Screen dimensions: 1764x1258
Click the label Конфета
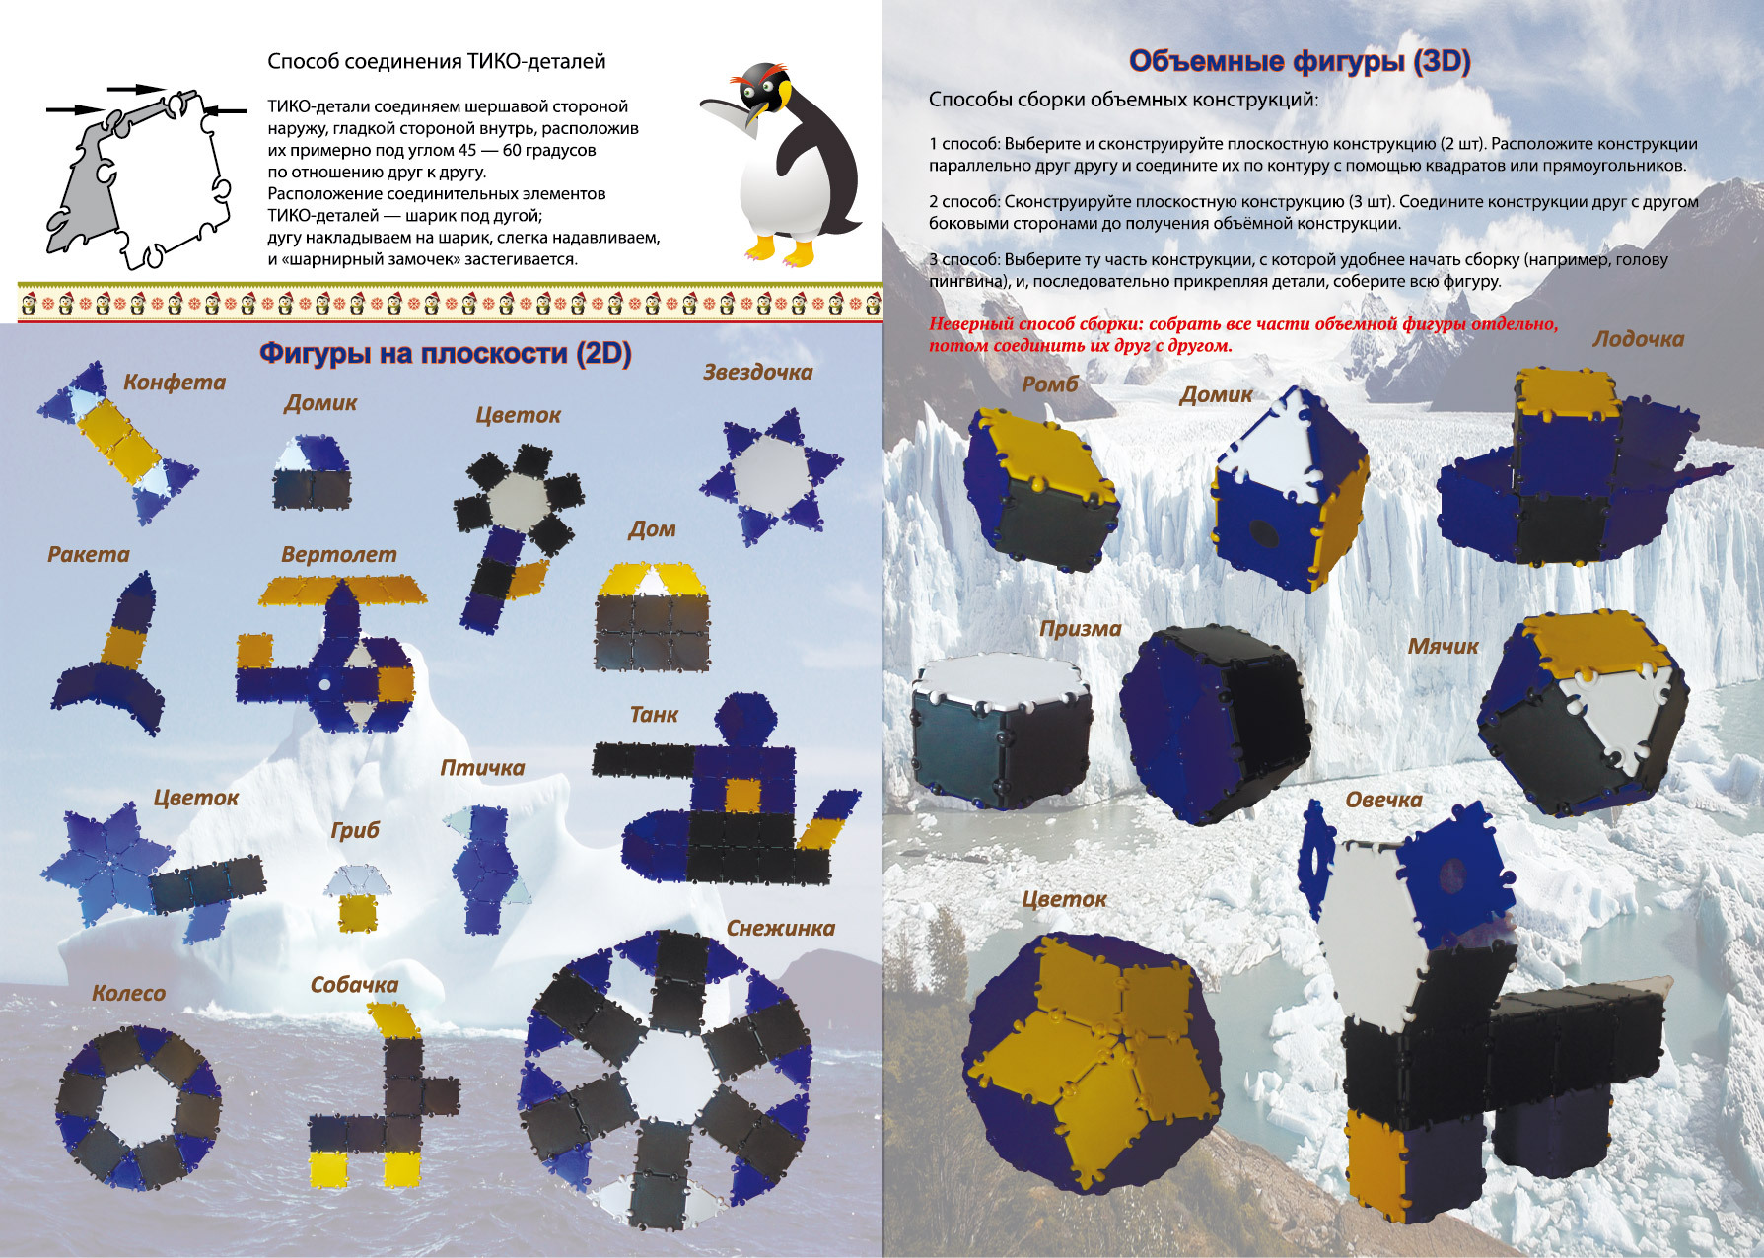pyautogui.click(x=175, y=383)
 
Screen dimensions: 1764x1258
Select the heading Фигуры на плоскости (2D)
pyautogui.click(x=446, y=353)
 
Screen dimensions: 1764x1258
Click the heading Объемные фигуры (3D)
pyautogui.click(x=1300, y=61)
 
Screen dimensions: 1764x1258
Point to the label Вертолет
pyautogui.click(x=339, y=554)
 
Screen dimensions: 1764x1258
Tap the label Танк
pyautogui.click(x=655, y=714)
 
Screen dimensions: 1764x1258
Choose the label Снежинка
pyautogui.click(x=781, y=928)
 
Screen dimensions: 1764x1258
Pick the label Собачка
pyautogui.click(x=354, y=985)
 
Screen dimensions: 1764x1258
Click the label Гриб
pyautogui.click(x=355, y=831)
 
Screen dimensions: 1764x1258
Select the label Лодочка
pyautogui.click(x=1639, y=339)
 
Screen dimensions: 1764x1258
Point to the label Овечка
pyautogui.click(x=1383, y=800)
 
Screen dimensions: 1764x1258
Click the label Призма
pyautogui.click(x=1081, y=629)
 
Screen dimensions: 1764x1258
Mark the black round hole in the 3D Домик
pyautogui.click(x=1263, y=534)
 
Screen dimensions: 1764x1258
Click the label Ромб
pyautogui.click(x=1050, y=384)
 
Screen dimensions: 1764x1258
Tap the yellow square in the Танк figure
pyautogui.click(x=742, y=795)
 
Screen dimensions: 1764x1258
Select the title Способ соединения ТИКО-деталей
pyautogui.click(x=437, y=61)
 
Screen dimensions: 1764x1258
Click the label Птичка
pyautogui.click(x=482, y=768)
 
